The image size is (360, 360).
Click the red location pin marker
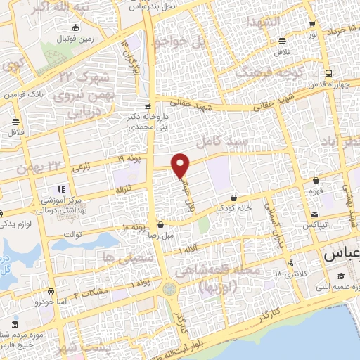point(181,165)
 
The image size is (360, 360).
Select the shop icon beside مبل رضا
point(161,226)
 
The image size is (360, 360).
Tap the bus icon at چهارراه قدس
point(328,73)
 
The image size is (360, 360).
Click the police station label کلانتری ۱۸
point(286,273)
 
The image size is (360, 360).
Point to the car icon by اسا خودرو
point(51,290)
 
